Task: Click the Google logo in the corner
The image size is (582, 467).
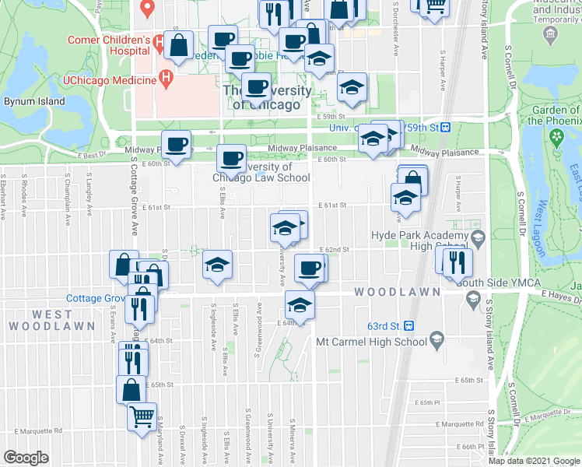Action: pyautogui.click(x=26, y=458)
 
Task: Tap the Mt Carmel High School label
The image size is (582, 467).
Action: pyautogui.click(x=371, y=341)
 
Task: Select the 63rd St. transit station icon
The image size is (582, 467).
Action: pyautogui.click(x=408, y=326)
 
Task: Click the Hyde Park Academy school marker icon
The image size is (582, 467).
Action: pyautogui.click(x=477, y=236)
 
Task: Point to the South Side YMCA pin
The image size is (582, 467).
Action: pyautogui.click(x=472, y=297)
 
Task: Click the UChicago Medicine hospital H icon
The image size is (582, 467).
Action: pyautogui.click(x=165, y=78)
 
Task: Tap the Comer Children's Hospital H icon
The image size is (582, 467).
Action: pyautogui.click(x=158, y=40)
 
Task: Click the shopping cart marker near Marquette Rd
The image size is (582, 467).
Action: pyautogui.click(x=142, y=417)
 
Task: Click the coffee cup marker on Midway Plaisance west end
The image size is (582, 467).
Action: pyautogui.click(x=177, y=144)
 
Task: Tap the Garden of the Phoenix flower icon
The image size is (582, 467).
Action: pyautogui.click(x=556, y=137)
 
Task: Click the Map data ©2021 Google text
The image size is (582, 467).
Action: pyautogui.click(x=535, y=461)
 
